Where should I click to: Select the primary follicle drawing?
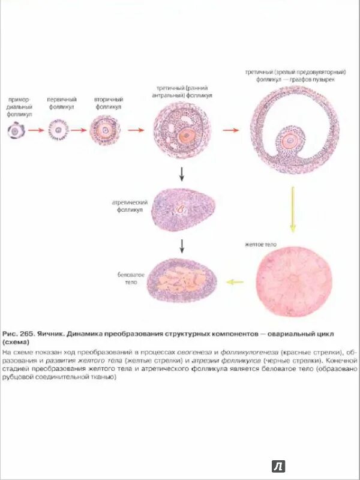(x=58, y=130)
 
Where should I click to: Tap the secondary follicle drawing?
(x=105, y=130)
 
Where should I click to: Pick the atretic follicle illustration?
(x=184, y=211)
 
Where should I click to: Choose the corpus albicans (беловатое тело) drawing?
(x=183, y=280)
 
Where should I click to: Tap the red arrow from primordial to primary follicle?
(x=36, y=130)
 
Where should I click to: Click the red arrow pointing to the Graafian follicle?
(x=230, y=130)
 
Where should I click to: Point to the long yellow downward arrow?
(x=293, y=209)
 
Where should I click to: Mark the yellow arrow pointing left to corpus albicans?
(x=236, y=281)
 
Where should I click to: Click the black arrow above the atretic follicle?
(x=181, y=175)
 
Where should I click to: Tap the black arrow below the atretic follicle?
(x=181, y=245)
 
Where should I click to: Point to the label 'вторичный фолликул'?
(x=107, y=103)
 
